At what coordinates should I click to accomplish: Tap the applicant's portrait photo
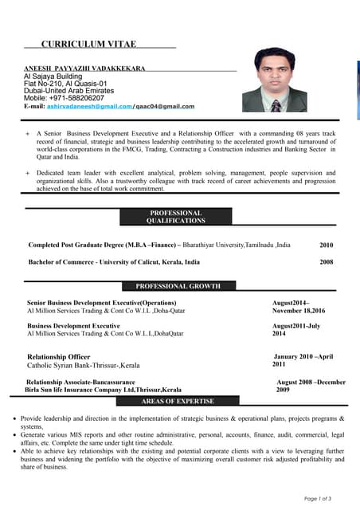pos(275,80)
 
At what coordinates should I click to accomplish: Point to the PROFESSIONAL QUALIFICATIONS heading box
pos(175,217)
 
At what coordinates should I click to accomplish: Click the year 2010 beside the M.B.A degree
pos(327,245)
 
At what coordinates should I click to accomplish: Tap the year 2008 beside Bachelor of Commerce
pos(327,261)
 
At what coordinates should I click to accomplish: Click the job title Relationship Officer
pos(59,356)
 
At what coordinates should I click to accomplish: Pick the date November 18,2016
pos(299,311)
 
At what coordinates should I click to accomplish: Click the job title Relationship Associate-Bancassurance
pos(81,382)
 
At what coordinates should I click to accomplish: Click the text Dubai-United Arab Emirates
pos(70,91)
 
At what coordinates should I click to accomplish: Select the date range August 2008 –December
pos(311,382)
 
